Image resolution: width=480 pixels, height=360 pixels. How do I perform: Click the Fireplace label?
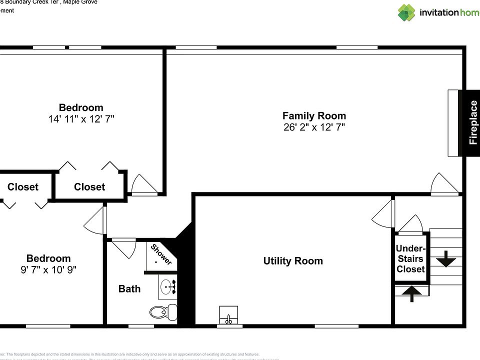click(x=473, y=122)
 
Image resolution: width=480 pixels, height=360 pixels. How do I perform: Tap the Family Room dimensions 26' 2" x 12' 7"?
click(x=314, y=127)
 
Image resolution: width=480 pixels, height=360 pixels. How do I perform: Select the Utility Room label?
click(x=293, y=261)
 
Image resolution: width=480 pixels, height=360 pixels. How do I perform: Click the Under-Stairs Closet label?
click(x=410, y=258)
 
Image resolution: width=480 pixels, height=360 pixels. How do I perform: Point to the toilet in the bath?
click(x=163, y=312)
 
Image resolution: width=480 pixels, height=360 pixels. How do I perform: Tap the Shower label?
click(x=161, y=254)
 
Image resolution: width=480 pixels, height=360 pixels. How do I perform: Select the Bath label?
click(x=129, y=288)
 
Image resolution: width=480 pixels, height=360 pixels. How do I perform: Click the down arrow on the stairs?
click(x=446, y=260)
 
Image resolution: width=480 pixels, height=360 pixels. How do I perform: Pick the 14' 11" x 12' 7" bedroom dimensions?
click(x=81, y=119)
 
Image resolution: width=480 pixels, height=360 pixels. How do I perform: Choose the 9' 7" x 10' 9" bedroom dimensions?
click(x=48, y=270)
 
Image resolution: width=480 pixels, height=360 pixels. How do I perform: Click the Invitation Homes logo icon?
click(x=406, y=12)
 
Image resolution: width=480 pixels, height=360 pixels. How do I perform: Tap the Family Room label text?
click(x=314, y=115)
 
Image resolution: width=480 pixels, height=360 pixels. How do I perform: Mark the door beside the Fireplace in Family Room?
click(x=444, y=184)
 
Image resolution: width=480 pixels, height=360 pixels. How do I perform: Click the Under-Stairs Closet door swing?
click(x=411, y=224)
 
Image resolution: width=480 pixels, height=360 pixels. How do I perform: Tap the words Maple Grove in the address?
click(x=84, y=2)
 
